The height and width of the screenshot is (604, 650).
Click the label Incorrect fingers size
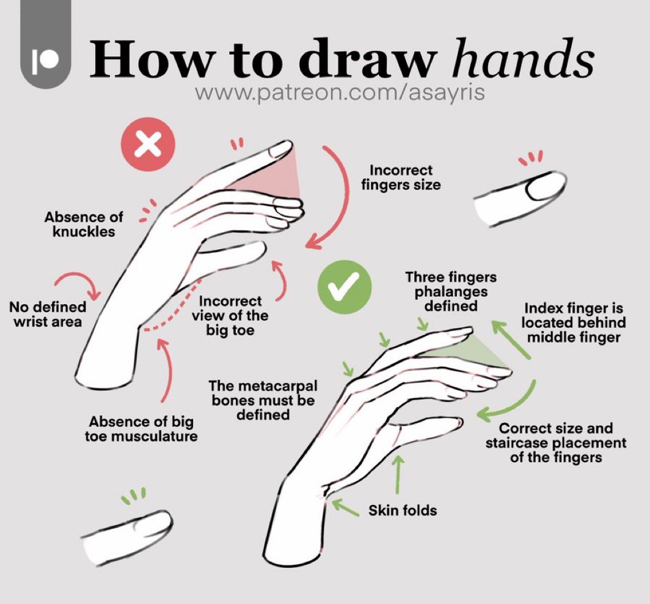(401, 176)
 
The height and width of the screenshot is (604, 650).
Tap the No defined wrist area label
(48, 313)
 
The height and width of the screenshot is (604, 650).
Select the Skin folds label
(402, 509)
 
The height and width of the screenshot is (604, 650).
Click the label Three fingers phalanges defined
(451, 291)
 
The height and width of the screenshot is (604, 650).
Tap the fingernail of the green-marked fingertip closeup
(150, 523)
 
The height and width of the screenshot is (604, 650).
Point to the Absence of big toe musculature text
(143, 429)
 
